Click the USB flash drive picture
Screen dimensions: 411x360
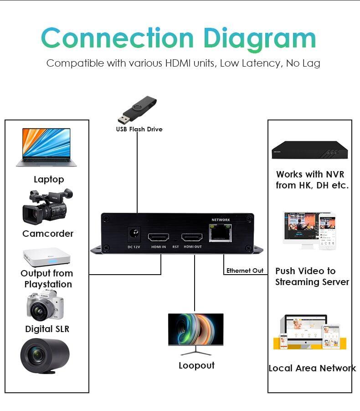click(137, 110)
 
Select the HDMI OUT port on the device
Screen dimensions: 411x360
click(192, 237)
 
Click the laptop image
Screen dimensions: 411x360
click(46, 147)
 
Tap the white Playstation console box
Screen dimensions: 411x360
click(46, 257)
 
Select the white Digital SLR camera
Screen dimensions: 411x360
click(45, 305)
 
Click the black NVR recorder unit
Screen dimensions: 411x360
click(309, 149)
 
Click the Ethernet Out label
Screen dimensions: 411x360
click(245, 271)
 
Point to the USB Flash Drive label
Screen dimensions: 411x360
click(139, 129)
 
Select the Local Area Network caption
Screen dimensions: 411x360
click(312, 368)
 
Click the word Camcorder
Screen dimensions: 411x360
click(48, 234)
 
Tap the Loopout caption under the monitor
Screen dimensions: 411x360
click(196, 365)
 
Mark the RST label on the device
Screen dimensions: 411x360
click(175, 247)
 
